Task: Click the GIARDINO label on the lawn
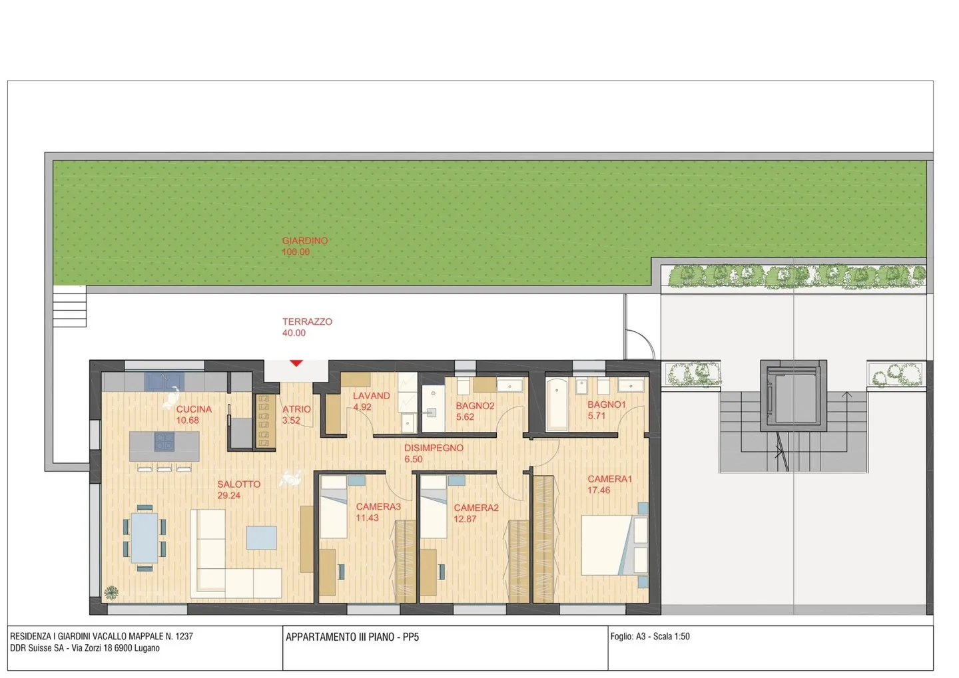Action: point(304,241)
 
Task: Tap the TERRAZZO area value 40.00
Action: point(294,333)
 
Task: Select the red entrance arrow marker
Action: point(296,363)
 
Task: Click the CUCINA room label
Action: point(194,409)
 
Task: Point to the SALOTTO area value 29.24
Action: point(228,496)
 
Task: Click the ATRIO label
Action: point(296,409)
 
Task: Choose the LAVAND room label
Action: point(371,396)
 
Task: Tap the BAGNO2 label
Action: point(475,406)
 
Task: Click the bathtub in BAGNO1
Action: point(557,404)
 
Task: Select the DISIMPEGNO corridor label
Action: point(434,448)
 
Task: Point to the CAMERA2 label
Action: point(476,508)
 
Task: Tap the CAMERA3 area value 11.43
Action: point(367,518)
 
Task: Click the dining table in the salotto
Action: point(144,537)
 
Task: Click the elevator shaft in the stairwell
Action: point(793,396)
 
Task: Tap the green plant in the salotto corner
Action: point(111,592)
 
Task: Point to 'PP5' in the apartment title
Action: point(411,637)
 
